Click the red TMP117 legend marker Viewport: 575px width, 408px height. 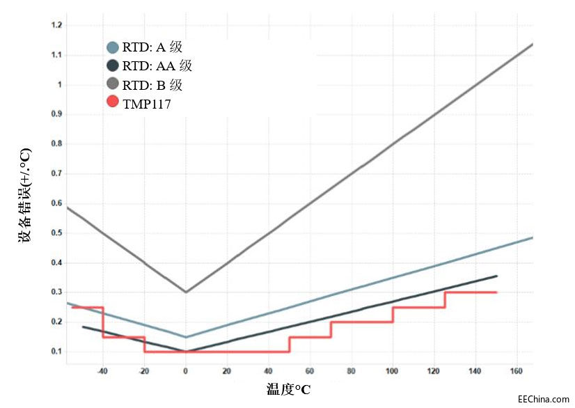[x=112, y=102]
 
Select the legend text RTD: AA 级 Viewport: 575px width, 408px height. [x=157, y=67]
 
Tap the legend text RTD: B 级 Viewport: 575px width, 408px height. [x=153, y=85]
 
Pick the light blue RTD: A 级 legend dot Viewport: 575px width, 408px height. [x=112, y=48]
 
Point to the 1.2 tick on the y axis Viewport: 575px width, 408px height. [x=57, y=25]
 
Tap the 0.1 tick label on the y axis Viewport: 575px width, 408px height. [x=57, y=351]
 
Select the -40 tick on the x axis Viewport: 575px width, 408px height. [x=102, y=370]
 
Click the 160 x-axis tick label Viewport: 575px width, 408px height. [x=517, y=370]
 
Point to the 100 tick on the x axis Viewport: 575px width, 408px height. [x=393, y=370]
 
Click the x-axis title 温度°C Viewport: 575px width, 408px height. [x=288, y=389]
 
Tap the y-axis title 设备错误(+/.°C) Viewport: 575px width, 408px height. [x=25, y=195]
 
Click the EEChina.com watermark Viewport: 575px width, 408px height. [x=544, y=399]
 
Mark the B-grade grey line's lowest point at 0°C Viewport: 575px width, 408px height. [x=186, y=292]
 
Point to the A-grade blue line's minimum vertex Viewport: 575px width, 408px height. [x=186, y=337]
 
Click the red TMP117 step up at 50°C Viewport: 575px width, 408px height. [x=289, y=345]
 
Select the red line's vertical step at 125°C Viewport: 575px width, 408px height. [x=445, y=299]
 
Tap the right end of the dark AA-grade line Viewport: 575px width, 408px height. [x=496, y=276]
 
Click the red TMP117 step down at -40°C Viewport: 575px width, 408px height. [x=103, y=322]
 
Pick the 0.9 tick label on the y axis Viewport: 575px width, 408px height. [x=57, y=113]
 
